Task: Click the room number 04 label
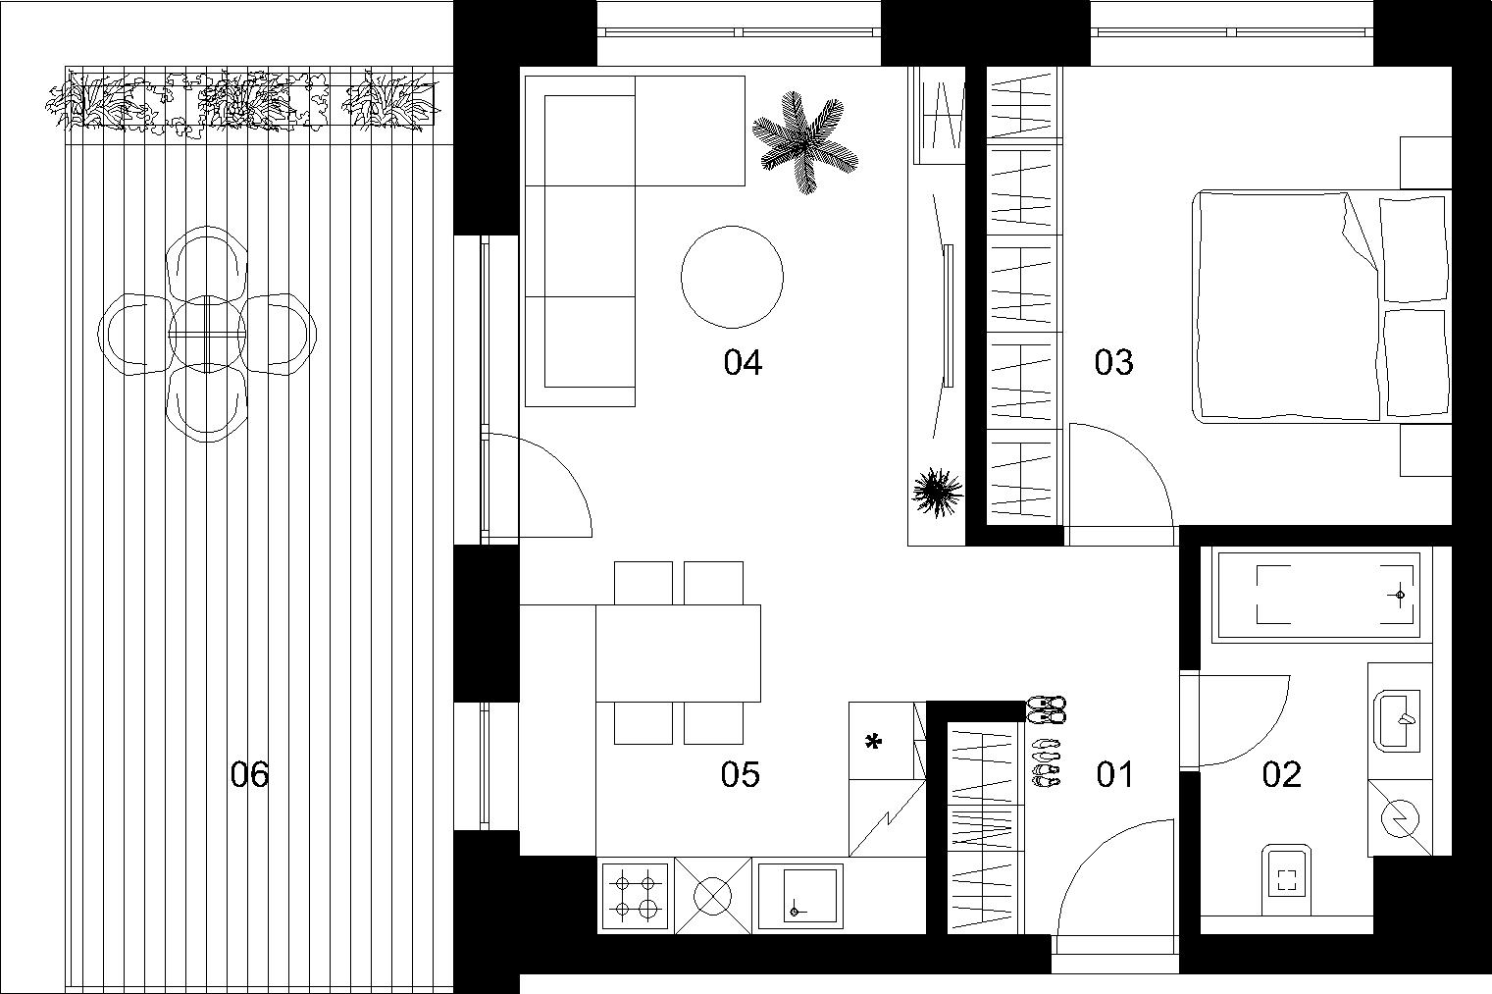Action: pyautogui.click(x=743, y=363)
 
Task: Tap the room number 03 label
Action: pyautogui.click(x=1113, y=362)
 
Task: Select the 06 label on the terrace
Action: pyautogui.click(x=250, y=774)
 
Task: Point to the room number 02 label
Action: pyautogui.click(x=1281, y=774)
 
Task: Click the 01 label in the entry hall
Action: pyautogui.click(x=1114, y=774)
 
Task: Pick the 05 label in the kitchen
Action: pyautogui.click(x=740, y=774)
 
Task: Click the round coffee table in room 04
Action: pyautogui.click(x=732, y=277)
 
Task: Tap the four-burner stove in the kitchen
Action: pyautogui.click(x=636, y=896)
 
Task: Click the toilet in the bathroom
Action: pyautogui.click(x=1287, y=879)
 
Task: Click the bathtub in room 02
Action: pyautogui.click(x=1321, y=595)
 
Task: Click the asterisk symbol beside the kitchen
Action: pyautogui.click(x=873, y=742)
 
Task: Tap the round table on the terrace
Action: pyautogui.click(x=207, y=335)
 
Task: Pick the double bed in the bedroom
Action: pyautogui.click(x=1321, y=306)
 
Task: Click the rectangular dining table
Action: pyautogui.click(x=678, y=653)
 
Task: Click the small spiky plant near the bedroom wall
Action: pyautogui.click(x=938, y=493)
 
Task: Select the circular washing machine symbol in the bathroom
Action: pyautogui.click(x=1400, y=818)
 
